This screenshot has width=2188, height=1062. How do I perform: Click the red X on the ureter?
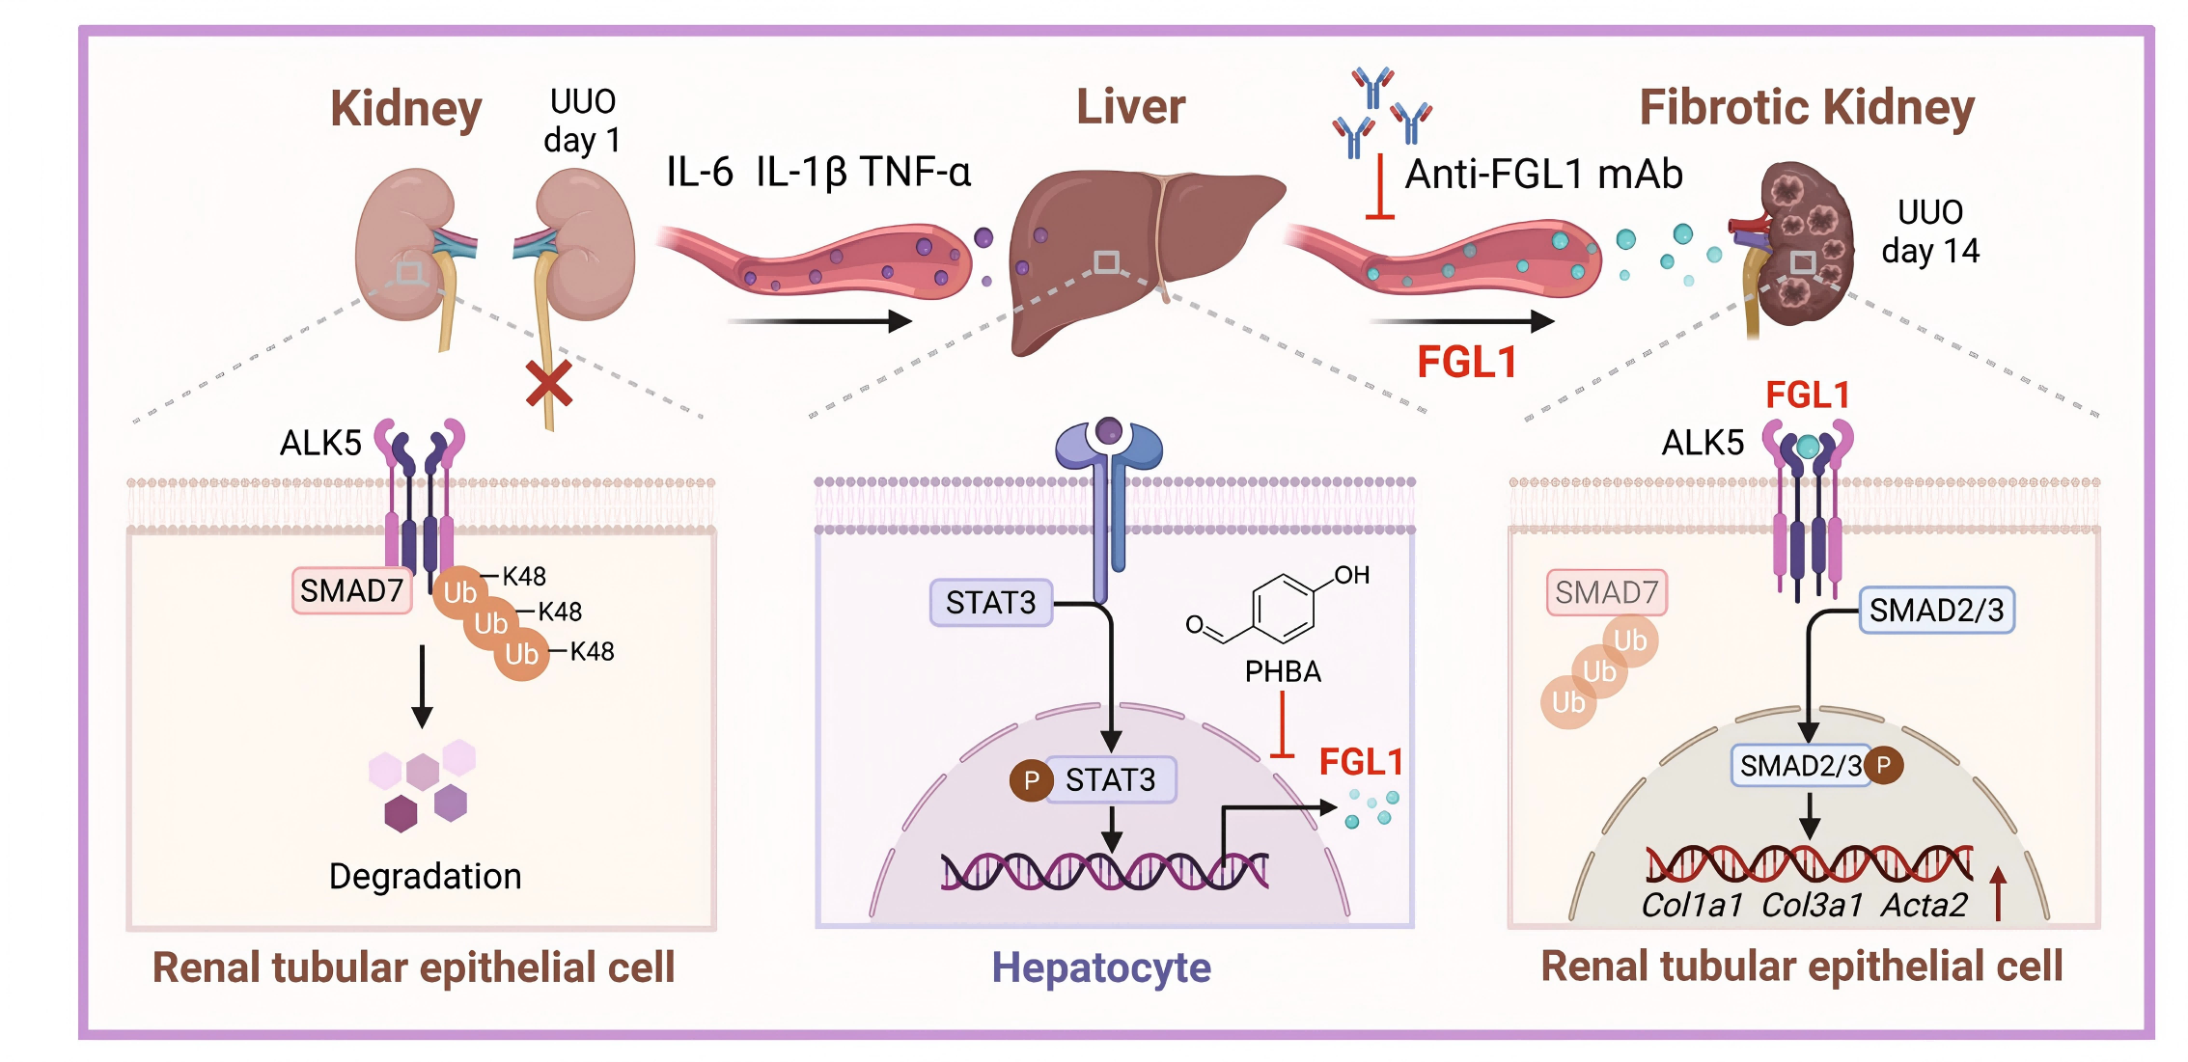pyautogui.click(x=548, y=384)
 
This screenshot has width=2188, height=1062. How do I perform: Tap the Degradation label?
pyautogui.click(x=425, y=876)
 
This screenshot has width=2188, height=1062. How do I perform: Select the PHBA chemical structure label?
pyautogui.click(x=1283, y=671)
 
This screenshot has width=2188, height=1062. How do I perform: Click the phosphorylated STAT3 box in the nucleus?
pyautogui.click(x=1110, y=779)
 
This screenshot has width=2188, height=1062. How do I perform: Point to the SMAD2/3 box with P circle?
pyautogui.click(x=1801, y=766)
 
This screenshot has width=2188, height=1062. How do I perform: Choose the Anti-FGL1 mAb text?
pyautogui.click(x=1543, y=175)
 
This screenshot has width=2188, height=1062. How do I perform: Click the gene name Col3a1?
pyautogui.click(x=1812, y=905)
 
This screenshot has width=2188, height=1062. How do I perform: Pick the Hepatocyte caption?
pyautogui.click(x=1101, y=967)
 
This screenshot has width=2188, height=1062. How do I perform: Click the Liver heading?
pyautogui.click(x=1130, y=107)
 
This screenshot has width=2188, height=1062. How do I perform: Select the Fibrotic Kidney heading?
pyautogui.click(x=1807, y=107)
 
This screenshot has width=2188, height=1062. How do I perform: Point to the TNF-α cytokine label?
pyautogui.click(x=915, y=173)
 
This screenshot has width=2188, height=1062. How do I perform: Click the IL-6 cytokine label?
pyautogui.click(x=700, y=173)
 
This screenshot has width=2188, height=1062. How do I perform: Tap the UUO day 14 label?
pyautogui.click(x=1930, y=231)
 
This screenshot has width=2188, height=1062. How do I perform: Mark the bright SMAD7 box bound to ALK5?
pyautogui.click(x=351, y=590)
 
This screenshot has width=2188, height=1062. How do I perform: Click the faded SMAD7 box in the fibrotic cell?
pyautogui.click(x=1606, y=592)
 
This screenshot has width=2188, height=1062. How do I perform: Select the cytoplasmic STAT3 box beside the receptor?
pyautogui.click(x=990, y=603)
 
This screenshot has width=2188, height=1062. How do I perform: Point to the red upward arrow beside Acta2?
pyautogui.click(x=1998, y=893)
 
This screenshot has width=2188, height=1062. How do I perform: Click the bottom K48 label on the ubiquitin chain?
pyautogui.click(x=592, y=652)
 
